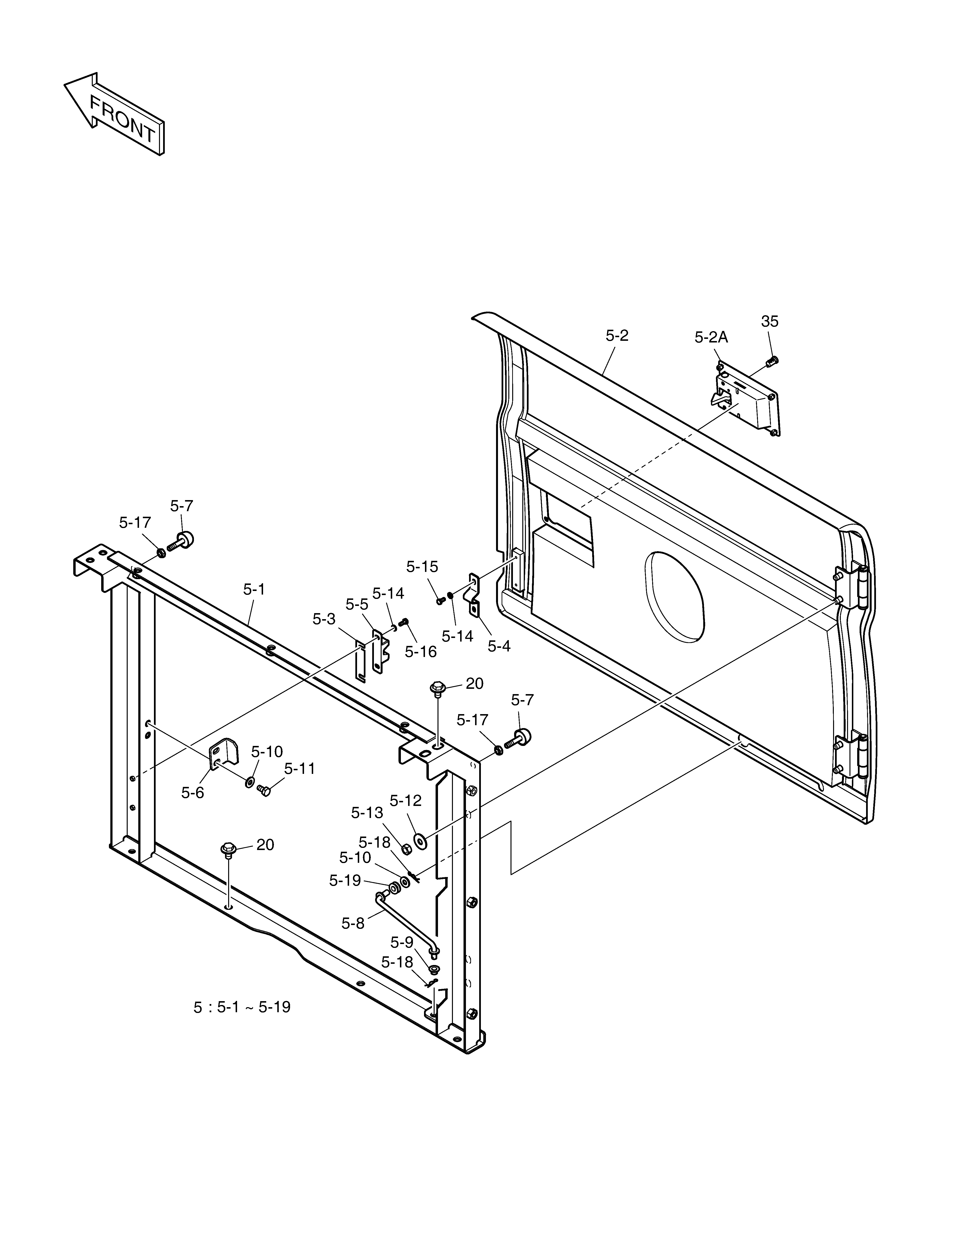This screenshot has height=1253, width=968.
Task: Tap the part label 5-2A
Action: [x=711, y=337]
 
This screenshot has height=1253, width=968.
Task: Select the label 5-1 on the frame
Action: [x=254, y=589]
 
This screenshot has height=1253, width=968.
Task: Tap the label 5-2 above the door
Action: [x=617, y=336]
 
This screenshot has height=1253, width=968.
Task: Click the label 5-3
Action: [x=324, y=618]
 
